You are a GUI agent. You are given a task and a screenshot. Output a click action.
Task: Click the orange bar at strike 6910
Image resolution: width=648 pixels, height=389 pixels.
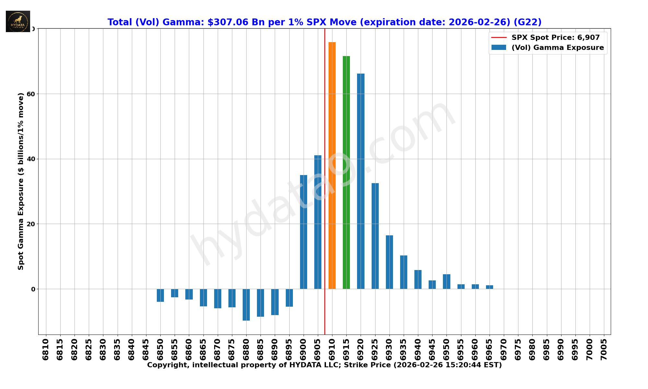(332, 165)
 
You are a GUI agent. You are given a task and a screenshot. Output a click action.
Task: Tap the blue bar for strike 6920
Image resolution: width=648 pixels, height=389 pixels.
(361, 181)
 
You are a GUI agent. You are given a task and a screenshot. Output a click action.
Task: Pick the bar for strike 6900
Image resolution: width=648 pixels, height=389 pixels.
(303, 232)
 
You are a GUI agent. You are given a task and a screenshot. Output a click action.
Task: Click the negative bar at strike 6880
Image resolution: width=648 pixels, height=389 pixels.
(246, 305)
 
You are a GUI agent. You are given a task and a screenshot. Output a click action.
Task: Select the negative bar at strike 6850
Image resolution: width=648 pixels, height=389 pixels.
(160, 295)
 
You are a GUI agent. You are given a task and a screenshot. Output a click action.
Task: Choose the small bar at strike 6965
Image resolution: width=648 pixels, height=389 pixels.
(489, 287)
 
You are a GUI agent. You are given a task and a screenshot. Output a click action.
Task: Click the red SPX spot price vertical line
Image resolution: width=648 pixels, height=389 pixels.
(325, 130)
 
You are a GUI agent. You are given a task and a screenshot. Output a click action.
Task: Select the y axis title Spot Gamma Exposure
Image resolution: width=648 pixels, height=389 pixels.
(21, 181)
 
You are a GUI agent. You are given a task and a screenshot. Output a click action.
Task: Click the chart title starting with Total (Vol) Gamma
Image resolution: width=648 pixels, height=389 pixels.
(324, 22)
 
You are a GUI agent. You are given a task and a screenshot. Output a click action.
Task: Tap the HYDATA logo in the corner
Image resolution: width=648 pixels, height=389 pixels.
(18, 21)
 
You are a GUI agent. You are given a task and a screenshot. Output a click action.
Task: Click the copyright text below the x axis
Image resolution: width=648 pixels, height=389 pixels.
(324, 365)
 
